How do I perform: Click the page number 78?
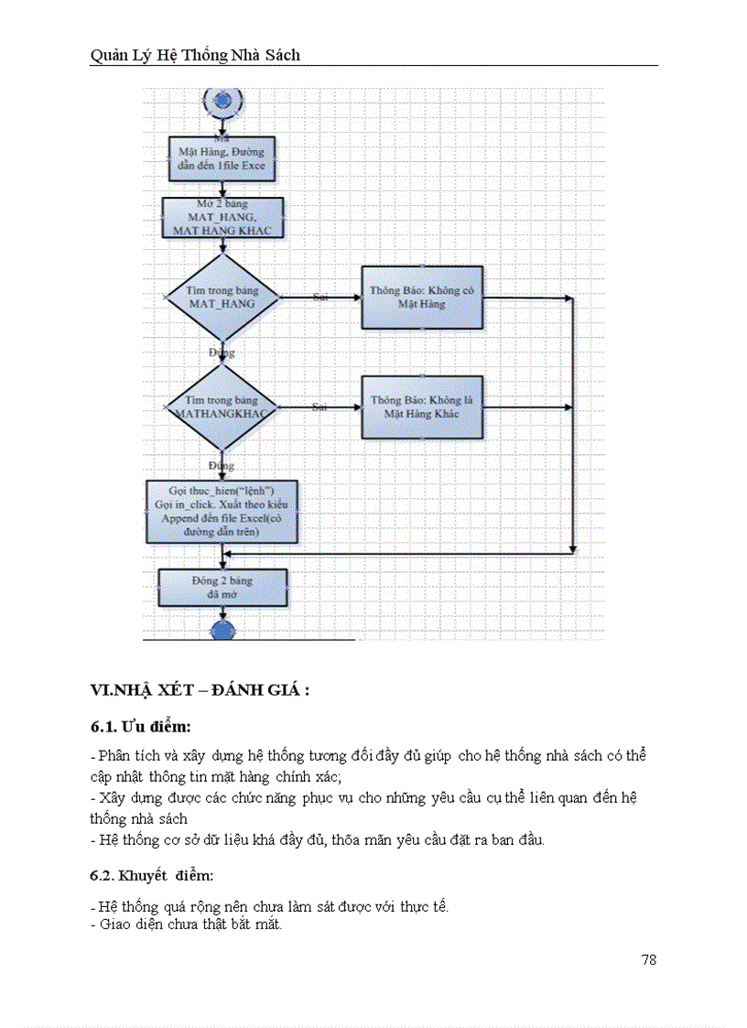pyautogui.click(x=648, y=959)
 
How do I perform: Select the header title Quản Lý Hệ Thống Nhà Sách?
pyautogui.click(x=195, y=55)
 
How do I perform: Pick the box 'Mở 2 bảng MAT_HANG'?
pyautogui.click(x=222, y=218)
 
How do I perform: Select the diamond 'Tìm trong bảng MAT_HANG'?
pyautogui.click(x=222, y=297)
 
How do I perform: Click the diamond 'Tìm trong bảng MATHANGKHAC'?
pyautogui.click(x=222, y=406)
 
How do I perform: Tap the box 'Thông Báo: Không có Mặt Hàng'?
pyautogui.click(x=421, y=297)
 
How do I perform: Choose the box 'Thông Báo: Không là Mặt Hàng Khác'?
pyautogui.click(x=421, y=406)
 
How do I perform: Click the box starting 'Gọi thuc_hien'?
pyautogui.click(x=222, y=511)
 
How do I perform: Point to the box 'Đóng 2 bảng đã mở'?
pyautogui.click(x=222, y=587)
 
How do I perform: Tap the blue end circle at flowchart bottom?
pyautogui.click(x=222, y=630)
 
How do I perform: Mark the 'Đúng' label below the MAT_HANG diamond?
pyautogui.click(x=222, y=352)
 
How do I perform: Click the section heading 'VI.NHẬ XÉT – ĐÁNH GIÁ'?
pyautogui.click(x=200, y=689)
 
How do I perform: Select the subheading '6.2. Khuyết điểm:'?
pyautogui.click(x=152, y=875)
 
